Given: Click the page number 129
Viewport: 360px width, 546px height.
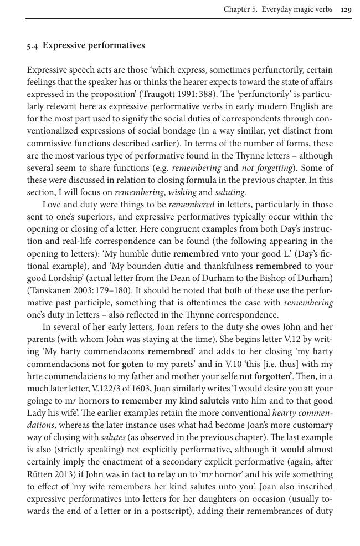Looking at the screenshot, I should [x=346, y=9].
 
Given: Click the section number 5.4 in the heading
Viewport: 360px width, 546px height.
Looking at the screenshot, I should [x=32, y=46].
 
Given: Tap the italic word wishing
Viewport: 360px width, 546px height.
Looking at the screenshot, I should [x=182, y=192].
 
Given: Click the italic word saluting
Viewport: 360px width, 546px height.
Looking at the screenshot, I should [x=230, y=192].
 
